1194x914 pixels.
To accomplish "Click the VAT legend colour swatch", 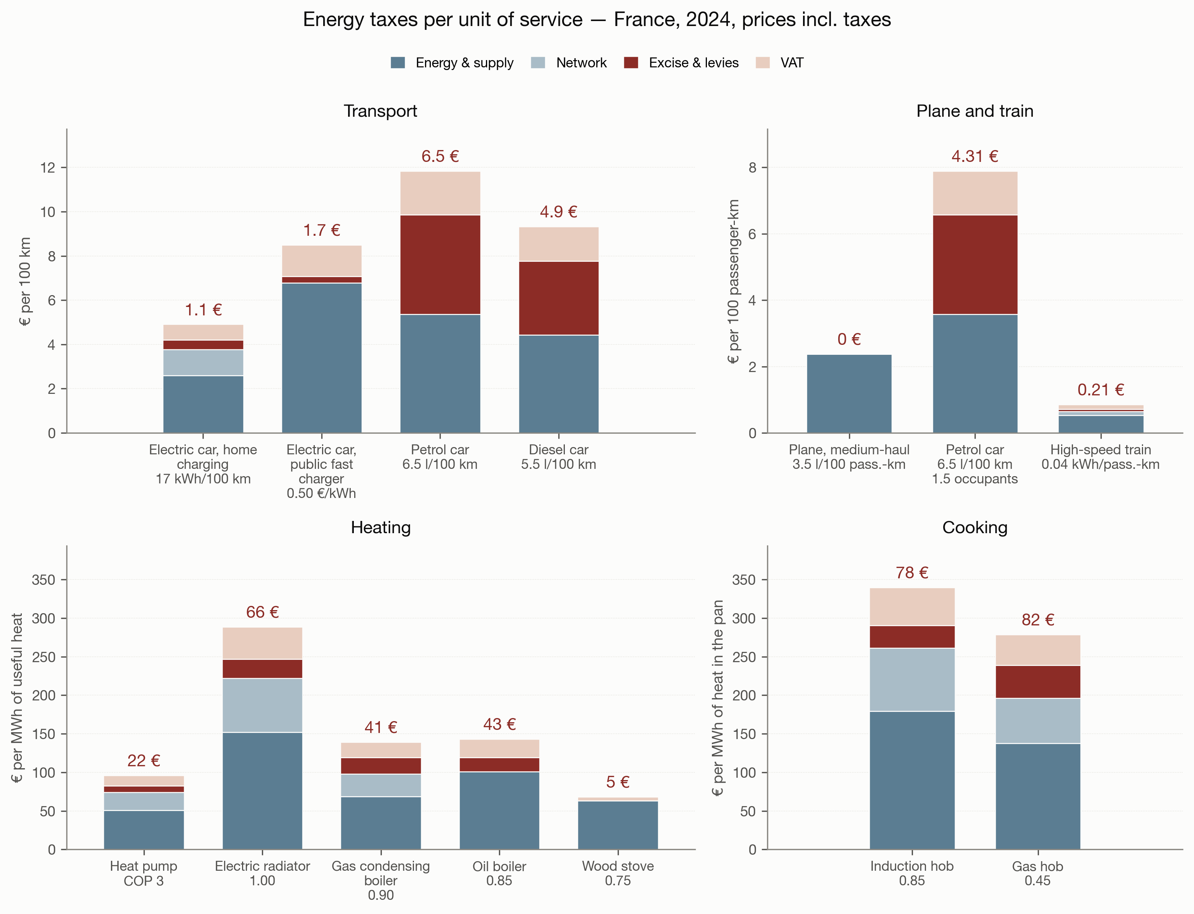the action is pos(762,62).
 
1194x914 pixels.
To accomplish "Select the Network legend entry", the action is pos(569,62).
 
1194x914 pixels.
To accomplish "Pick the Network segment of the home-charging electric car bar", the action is pos(203,362).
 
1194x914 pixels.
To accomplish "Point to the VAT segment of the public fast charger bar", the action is pos(322,261).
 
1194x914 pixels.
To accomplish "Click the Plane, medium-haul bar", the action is pos(849,394).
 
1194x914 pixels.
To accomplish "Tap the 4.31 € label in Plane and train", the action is pos(975,156).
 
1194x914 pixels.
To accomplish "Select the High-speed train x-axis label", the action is pos(1101,457).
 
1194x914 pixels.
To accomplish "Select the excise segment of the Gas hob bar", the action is pos(1038,682).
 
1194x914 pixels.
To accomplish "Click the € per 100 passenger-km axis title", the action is pos(734,281).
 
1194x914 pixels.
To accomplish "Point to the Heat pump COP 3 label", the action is pos(144,873).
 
